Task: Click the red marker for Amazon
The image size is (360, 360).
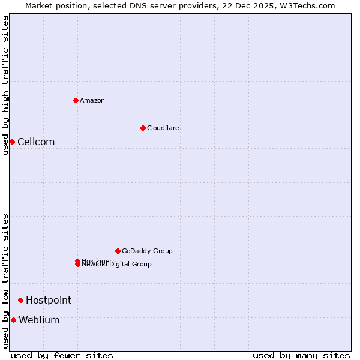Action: pos(76,100)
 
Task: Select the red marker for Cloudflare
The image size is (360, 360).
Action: pos(143,128)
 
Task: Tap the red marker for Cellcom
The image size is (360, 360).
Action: pos(12,142)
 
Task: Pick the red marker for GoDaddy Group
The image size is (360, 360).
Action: pos(118,251)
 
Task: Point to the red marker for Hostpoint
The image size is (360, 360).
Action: pos(20,300)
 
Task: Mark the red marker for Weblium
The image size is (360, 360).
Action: pos(13,320)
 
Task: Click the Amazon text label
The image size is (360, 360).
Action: pos(92,100)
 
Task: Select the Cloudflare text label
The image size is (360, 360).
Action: pos(163,128)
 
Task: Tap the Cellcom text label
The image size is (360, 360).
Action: pos(36,142)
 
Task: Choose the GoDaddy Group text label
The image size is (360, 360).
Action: pos(147,251)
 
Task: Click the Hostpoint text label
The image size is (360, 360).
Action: pos(49,300)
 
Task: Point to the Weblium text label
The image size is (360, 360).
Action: pos(39,320)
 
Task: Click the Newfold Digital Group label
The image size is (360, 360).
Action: pos(118,265)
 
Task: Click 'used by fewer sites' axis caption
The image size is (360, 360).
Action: pos(62,355)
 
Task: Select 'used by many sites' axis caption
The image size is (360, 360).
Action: pos(301,355)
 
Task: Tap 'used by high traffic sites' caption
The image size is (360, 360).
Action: pos(5,85)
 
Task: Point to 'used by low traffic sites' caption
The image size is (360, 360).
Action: pos(5,281)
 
